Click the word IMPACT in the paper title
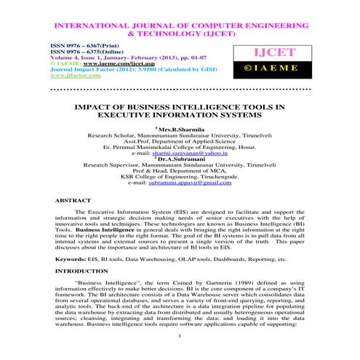(x=95, y=106)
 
